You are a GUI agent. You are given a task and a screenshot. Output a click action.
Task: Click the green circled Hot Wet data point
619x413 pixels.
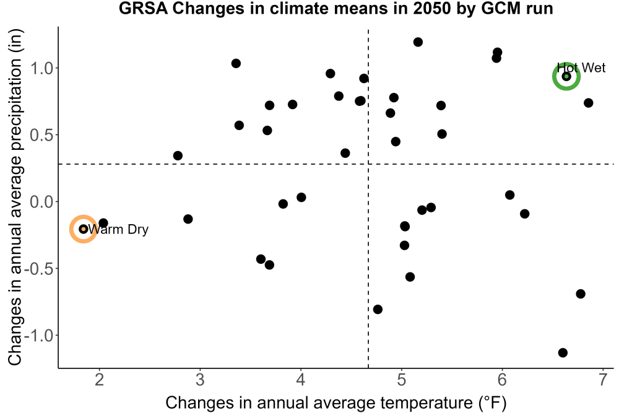566,76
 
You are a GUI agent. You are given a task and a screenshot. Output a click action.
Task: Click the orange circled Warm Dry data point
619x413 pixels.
84,229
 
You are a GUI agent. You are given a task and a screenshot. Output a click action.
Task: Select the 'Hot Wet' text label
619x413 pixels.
581,68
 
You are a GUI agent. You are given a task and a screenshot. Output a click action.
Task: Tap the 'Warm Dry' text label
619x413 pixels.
118,229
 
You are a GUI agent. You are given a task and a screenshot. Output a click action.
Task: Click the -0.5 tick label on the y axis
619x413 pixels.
38,269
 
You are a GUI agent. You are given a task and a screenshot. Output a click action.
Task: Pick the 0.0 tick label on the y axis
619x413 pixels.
41,202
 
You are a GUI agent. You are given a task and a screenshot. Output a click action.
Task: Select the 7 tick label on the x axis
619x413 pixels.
603,380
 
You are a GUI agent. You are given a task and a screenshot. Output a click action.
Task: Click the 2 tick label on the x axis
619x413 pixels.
100,380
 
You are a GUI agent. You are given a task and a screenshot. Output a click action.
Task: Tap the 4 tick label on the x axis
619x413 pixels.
301,380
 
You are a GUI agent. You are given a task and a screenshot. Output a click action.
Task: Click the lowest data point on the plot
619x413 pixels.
563,352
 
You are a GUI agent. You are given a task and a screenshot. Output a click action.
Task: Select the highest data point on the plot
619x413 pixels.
418,42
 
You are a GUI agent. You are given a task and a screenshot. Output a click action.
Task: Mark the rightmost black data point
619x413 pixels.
588,103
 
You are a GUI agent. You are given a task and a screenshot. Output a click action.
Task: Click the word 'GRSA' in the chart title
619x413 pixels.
143,9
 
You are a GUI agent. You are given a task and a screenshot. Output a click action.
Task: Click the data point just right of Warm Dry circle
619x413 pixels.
103,223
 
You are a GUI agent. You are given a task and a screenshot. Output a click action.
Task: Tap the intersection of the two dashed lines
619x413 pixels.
368,164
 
